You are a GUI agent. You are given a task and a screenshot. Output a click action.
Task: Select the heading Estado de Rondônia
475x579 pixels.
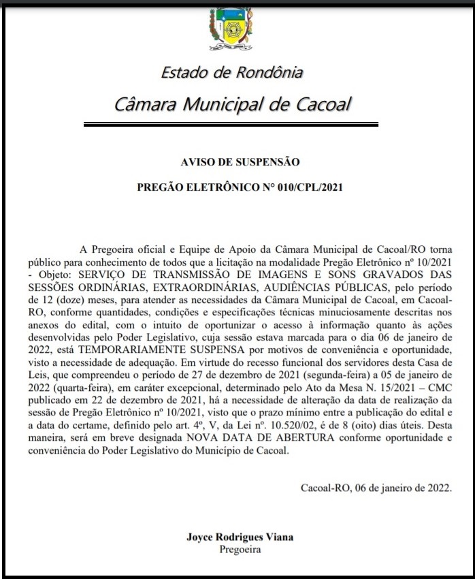pyautogui.click(x=232, y=72)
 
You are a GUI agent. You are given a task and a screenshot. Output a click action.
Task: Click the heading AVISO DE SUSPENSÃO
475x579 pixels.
pyautogui.click(x=240, y=161)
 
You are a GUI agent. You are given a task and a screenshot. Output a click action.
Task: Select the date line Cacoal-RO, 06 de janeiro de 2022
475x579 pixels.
pyautogui.click(x=376, y=488)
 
